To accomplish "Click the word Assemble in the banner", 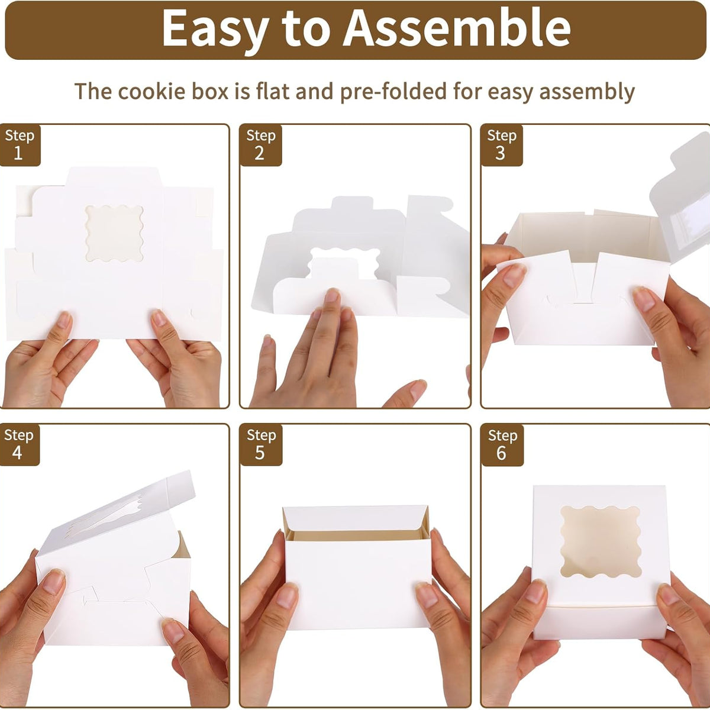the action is point(457,29).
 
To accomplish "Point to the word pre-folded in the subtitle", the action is point(393,92).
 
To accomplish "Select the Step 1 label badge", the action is point(20,145).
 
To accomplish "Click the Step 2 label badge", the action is point(261,145).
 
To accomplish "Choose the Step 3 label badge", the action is point(502,145).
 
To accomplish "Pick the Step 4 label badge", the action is point(19,445).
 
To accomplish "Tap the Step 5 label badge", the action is point(261,445).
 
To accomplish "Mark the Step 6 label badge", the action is point(502,445).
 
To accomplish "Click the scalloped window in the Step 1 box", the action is point(114,233).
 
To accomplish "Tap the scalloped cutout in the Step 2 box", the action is point(344,263).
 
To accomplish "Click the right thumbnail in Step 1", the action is point(159,318).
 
